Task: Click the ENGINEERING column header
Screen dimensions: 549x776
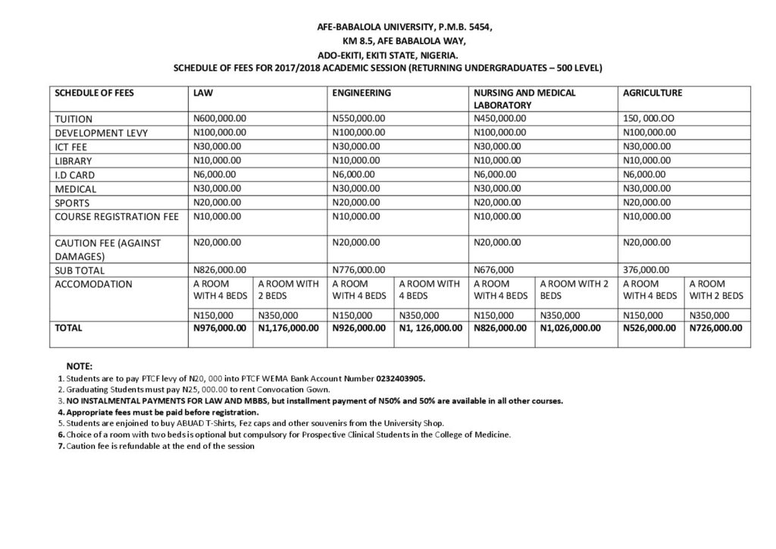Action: (x=361, y=93)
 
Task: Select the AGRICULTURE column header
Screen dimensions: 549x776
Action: (x=652, y=93)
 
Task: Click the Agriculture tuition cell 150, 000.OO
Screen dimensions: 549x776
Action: (x=649, y=118)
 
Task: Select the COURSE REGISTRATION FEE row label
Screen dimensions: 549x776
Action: (x=117, y=217)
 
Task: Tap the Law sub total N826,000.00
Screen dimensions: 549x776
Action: (x=221, y=269)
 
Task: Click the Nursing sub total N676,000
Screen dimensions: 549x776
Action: (x=494, y=269)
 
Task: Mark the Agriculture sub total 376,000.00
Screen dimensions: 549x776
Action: (x=646, y=269)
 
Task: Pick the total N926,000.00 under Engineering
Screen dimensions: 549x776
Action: (x=359, y=329)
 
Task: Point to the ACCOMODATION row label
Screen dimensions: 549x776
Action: (x=94, y=284)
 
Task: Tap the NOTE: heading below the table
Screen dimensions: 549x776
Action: (x=80, y=365)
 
